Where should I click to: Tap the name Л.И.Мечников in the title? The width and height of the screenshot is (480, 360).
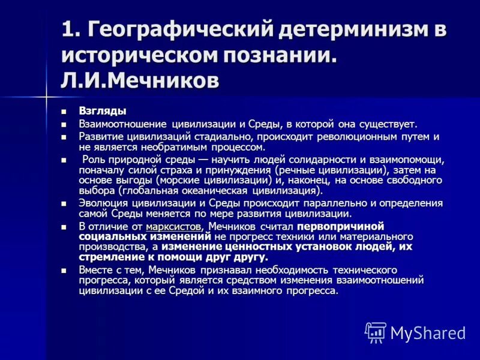tap(139, 80)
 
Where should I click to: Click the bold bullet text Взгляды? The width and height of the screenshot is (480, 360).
tap(103, 111)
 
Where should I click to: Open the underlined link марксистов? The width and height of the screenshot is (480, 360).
tap(173, 227)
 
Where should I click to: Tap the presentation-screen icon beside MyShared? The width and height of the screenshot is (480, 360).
tap(376, 332)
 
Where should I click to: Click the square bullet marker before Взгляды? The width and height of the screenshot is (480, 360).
tap(65, 112)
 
